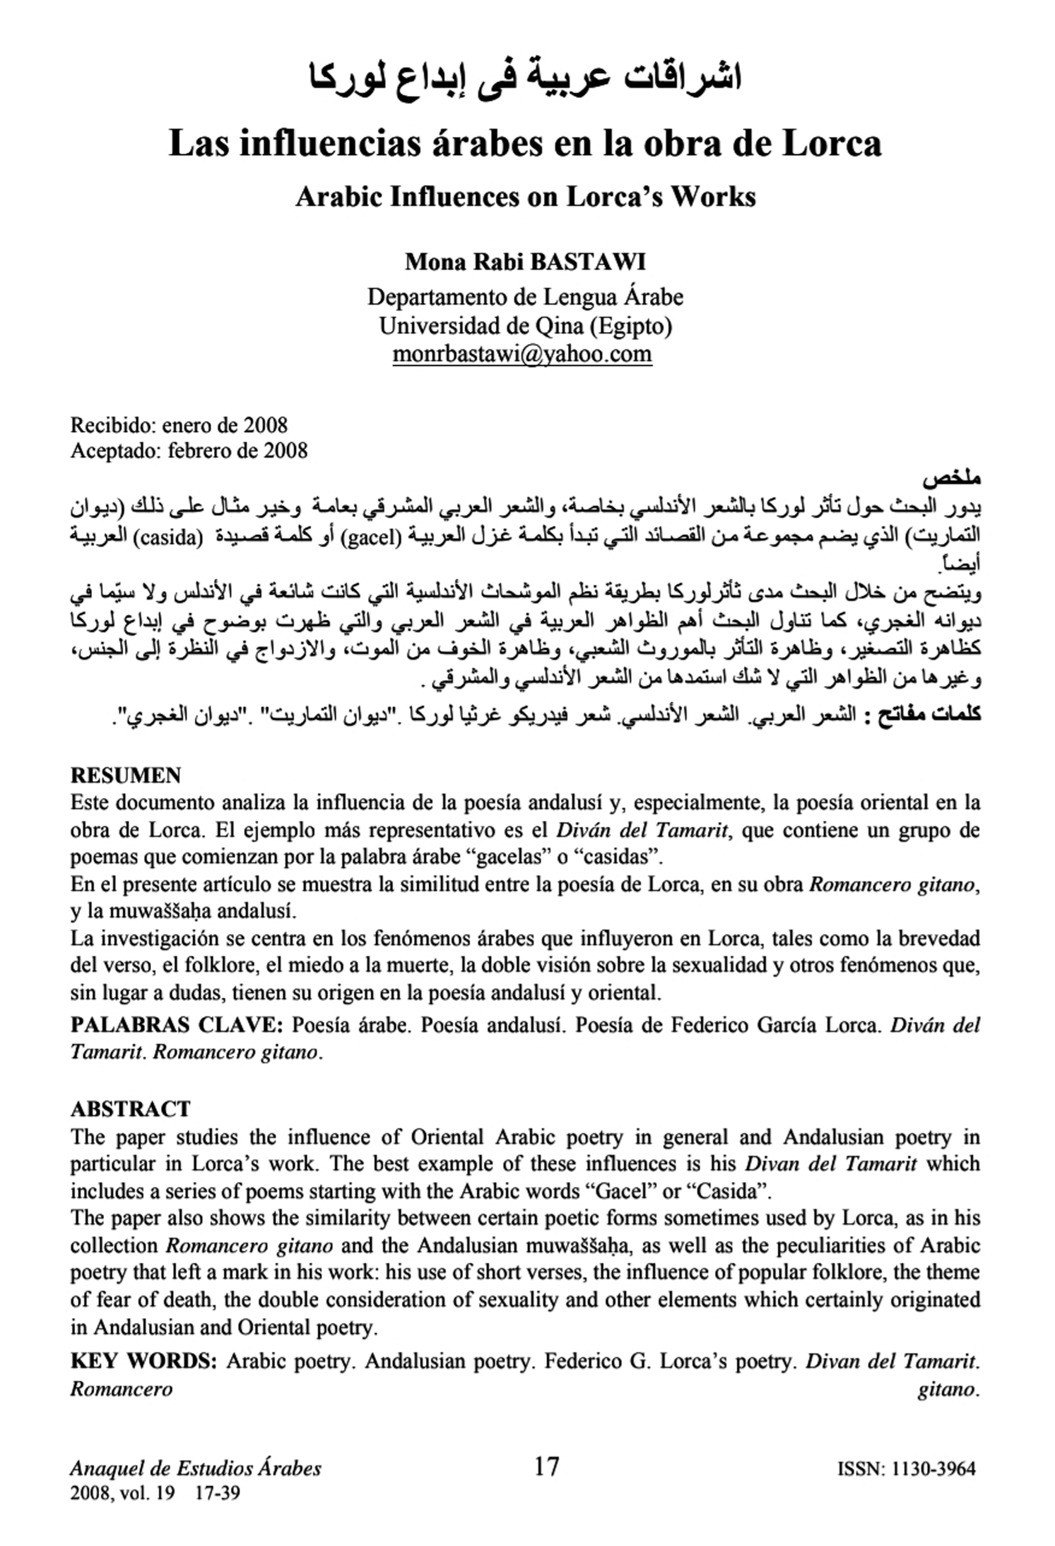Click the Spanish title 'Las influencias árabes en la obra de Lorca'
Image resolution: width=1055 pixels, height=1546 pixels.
[x=525, y=143]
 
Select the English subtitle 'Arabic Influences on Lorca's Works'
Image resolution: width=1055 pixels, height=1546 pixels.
[x=525, y=197]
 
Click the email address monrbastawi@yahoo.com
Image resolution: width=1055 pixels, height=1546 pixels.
[x=522, y=354]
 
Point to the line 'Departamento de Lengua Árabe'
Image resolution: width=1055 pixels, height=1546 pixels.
[x=525, y=297]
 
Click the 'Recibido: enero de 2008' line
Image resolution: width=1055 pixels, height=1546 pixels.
[x=179, y=424]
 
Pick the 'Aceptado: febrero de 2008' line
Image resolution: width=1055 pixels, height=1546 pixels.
[x=189, y=451]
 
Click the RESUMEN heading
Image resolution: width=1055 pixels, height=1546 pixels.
[x=126, y=776]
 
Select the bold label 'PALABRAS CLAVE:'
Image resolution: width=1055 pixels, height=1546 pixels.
[x=177, y=1025]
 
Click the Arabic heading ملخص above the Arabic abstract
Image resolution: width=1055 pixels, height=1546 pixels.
[x=951, y=478]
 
